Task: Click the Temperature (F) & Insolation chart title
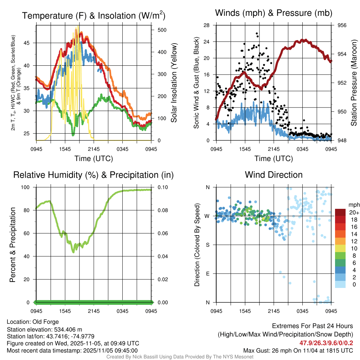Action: pos(94,15)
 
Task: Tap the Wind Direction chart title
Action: pos(274,175)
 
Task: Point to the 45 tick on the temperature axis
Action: pos(31,43)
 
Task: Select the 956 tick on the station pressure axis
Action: pos(342,25)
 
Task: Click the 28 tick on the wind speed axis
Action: pos(207,25)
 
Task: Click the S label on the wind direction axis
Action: pos(208,245)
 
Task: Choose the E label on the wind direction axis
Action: pos(208,274)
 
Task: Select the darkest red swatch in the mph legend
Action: pos(341,212)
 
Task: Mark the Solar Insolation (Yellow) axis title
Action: pos(174,83)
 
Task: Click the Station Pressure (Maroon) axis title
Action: pos(354,83)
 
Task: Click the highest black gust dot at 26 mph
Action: pos(257,34)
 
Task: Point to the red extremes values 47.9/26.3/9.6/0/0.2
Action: pos(326,343)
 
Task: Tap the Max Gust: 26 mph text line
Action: pos(298,351)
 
